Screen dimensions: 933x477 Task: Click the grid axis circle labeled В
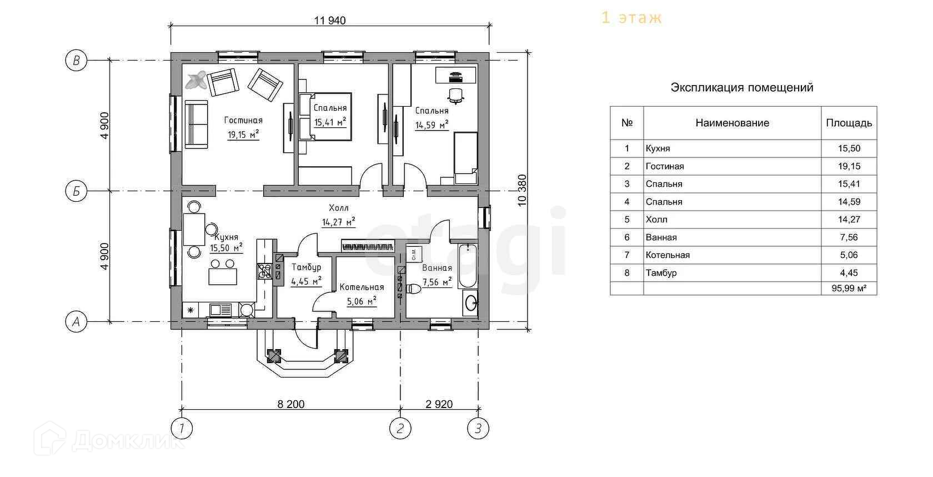point(76,61)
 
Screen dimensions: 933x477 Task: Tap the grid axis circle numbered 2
point(400,428)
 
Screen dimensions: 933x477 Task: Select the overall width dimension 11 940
point(330,21)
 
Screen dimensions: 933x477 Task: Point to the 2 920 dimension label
point(439,404)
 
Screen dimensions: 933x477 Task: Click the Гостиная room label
point(243,121)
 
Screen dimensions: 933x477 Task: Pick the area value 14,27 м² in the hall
point(339,222)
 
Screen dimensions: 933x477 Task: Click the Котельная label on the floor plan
point(362,287)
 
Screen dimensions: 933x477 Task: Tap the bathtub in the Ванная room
point(468,266)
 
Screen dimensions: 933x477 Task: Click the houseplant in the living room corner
point(196,80)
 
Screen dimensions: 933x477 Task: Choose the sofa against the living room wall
point(195,125)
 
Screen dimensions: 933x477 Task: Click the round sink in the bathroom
point(471,303)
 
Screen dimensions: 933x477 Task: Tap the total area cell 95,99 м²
point(849,288)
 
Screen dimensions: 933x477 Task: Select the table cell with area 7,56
point(849,237)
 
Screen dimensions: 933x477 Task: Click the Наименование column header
point(732,123)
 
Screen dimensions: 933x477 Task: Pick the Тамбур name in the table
point(661,272)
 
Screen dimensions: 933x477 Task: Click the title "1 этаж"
point(631,18)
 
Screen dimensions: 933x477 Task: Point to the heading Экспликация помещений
point(742,88)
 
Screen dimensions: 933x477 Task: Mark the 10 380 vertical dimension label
point(522,191)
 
